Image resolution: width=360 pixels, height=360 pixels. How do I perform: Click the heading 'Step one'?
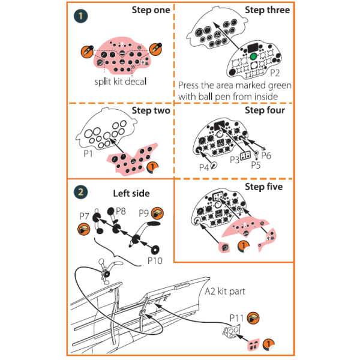(x=151, y=10)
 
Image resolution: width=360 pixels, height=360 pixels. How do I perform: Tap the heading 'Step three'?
(x=267, y=10)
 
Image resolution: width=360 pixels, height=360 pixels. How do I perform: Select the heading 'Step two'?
(x=151, y=110)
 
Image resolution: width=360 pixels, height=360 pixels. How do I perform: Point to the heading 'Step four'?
(x=265, y=110)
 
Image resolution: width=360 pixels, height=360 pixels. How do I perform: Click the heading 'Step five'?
(x=265, y=187)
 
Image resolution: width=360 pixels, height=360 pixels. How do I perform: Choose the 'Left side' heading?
(x=131, y=193)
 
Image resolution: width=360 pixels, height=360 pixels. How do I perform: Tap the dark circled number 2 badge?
(x=79, y=193)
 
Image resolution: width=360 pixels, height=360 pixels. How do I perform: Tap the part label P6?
(x=266, y=155)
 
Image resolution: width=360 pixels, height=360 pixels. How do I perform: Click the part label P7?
(x=84, y=215)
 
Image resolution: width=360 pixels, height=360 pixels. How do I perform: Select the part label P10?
(x=155, y=260)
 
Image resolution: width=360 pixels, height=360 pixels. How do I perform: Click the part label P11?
(x=236, y=316)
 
